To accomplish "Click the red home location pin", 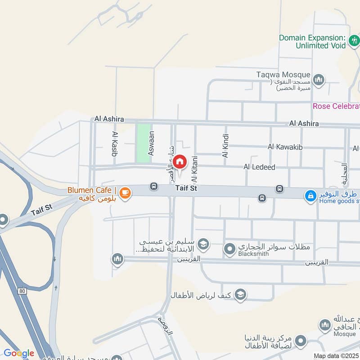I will click(x=180, y=161).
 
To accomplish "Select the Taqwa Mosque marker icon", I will click(x=319, y=79).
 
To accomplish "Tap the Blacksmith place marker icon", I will click(x=230, y=248).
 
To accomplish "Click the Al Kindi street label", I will click(x=225, y=145).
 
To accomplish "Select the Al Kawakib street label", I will click(x=284, y=147).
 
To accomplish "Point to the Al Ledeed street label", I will click(x=259, y=167).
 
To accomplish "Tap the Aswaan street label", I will click(x=151, y=143).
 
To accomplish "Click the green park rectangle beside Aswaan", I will click(x=143, y=143).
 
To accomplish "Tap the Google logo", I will click(x=18, y=353).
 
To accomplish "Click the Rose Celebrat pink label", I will click(x=337, y=106).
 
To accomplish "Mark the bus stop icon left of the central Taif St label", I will click(x=154, y=186).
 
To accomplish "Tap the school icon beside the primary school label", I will click(x=203, y=243).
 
